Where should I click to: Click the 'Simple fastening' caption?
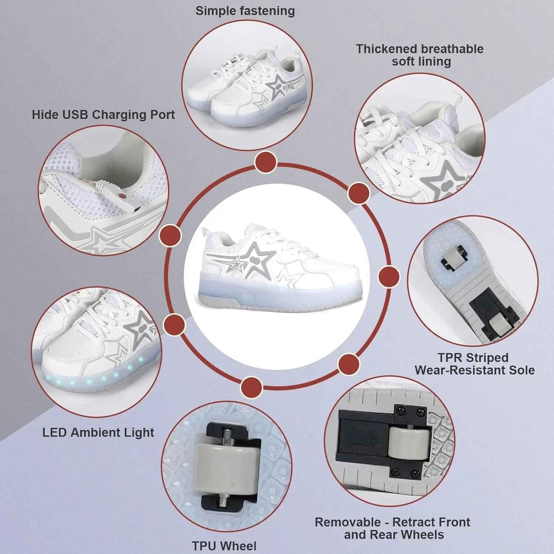[x=245, y=11]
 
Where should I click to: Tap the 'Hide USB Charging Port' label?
[x=103, y=114]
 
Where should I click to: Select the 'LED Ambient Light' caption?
[x=98, y=432]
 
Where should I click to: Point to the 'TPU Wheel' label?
[x=224, y=546]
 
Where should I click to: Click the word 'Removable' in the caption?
[x=348, y=522]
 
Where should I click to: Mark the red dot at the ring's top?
[x=266, y=162]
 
